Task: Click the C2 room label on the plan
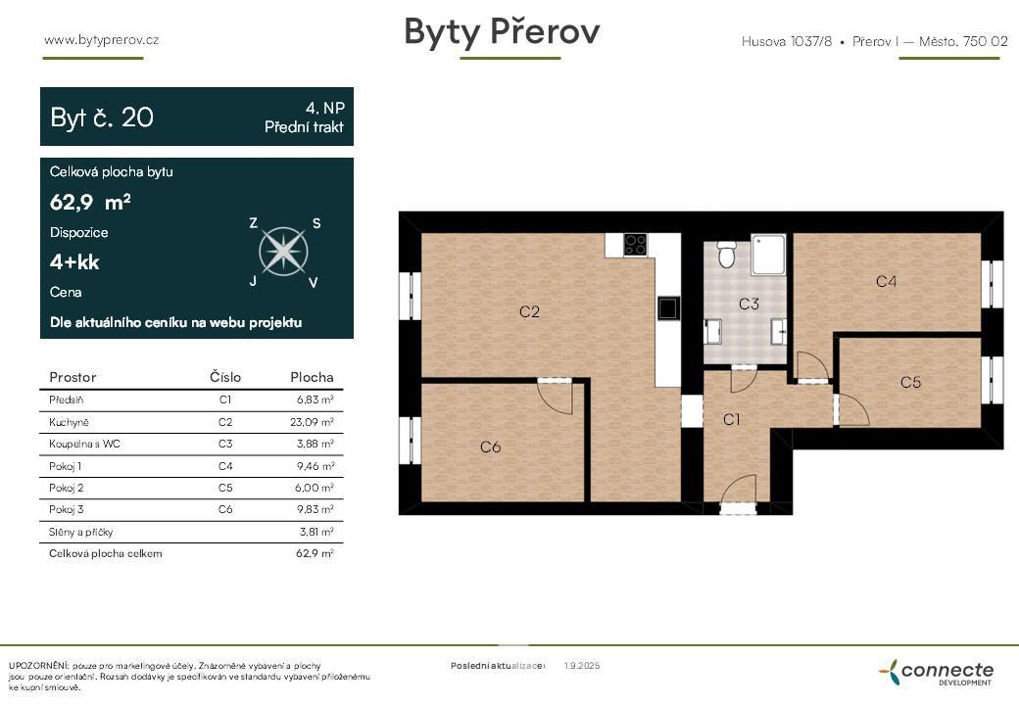point(529,311)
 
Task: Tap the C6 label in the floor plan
point(490,446)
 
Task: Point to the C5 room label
point(910,382)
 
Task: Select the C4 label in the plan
point(886,281)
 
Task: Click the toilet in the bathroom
point(727,254)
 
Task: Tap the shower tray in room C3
point(769,255)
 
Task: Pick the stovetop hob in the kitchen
point(635,245)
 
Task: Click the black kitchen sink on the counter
point(668,308)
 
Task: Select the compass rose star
point(283,252)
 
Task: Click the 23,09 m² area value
point(312,422)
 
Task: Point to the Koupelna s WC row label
point(84,444)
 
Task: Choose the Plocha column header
point(312,377)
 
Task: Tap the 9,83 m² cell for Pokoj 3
point(315,509)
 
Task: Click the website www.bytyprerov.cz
point(101,39)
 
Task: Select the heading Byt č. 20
point(102,117)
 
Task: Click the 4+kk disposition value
point(74,262)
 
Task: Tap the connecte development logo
point(937,672)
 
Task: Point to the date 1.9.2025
point(582,666)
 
